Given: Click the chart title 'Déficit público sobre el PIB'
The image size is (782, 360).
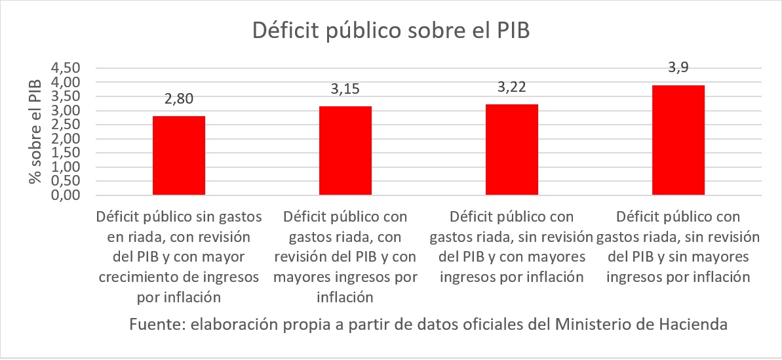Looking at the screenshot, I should point(391,32).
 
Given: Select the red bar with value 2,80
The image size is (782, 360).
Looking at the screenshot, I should point(179,155).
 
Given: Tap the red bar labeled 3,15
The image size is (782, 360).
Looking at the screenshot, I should point(345,150).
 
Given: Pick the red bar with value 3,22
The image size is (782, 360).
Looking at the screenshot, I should point(512,150).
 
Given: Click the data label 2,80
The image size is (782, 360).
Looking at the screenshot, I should point(179,100).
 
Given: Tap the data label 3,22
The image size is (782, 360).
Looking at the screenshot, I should point(512,87).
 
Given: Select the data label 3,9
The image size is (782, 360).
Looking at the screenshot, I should point(678,68).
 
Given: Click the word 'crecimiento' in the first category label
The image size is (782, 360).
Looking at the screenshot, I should point(136,277).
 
